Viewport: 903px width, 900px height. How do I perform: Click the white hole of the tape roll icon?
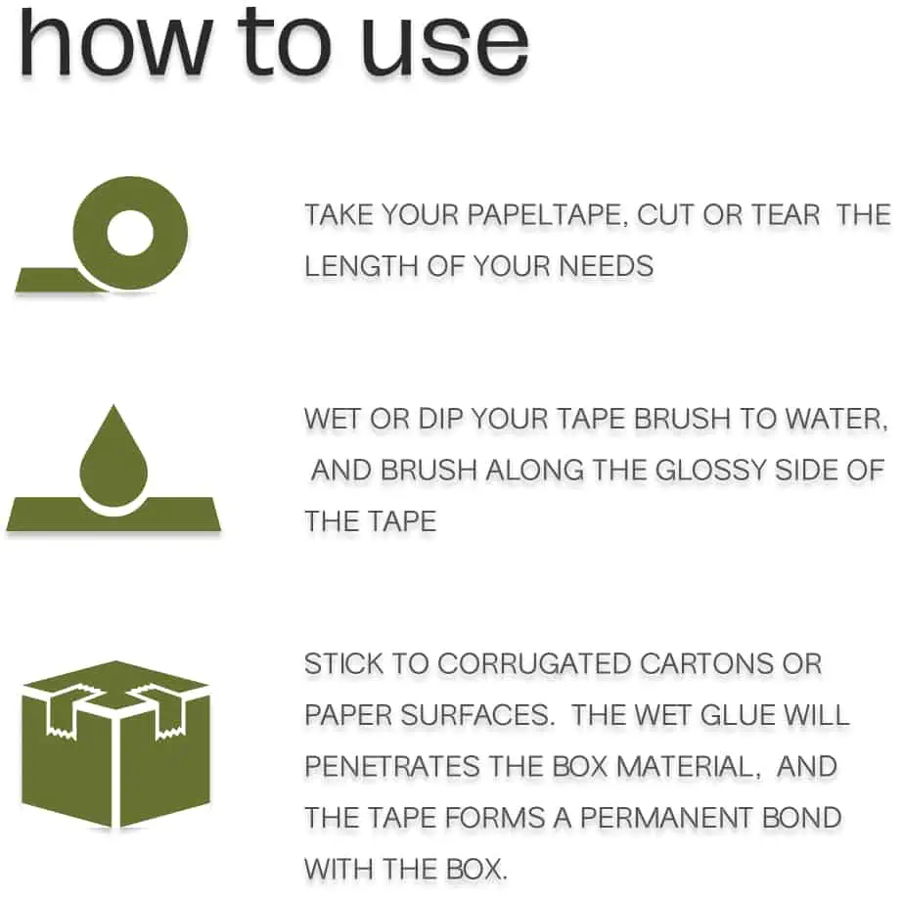point(130,233)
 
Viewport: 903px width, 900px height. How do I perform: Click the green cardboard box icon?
point(115,743)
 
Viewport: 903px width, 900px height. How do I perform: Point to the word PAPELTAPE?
point(544,215)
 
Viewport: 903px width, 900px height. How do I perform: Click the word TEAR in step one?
point(786,215)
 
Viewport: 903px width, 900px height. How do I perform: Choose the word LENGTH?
point(362,267)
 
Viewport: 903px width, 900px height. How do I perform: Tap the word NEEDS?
point(606,267)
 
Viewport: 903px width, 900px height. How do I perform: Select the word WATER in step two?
point(836,419)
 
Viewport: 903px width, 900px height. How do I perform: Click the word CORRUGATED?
point(534,664)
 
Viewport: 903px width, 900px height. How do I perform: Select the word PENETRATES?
point(391,767)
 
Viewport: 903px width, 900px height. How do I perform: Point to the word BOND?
point(801,818)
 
